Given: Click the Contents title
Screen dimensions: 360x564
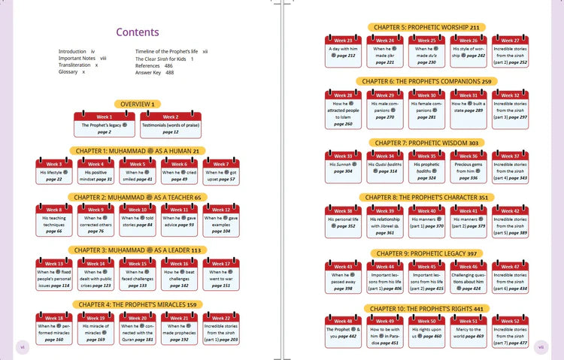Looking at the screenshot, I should coord(137,32).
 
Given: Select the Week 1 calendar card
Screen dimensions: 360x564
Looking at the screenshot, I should coord(105,125).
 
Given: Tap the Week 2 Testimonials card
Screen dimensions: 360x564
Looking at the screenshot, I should coord(171,125).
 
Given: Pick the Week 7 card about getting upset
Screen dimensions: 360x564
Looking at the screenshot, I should coord(221,172).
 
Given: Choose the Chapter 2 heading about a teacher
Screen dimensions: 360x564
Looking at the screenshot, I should coord(137,197).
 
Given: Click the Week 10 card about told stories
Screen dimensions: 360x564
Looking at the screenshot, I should coord(138,219).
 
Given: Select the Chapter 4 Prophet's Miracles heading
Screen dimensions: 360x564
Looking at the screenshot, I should coord(137,304).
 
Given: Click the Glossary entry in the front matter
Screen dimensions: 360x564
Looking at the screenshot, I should coord(71,71).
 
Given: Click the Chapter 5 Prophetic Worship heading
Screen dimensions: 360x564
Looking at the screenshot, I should coord(426,27).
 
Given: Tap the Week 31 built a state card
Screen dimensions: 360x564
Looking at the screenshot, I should coord(468,104).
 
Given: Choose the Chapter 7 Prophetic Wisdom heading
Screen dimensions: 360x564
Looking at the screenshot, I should coord(426,143).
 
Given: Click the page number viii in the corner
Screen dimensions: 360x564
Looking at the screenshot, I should coord(541,347).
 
